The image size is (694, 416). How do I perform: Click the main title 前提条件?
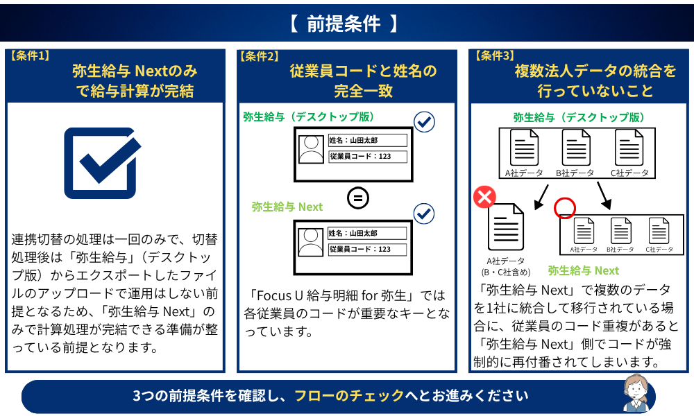344,24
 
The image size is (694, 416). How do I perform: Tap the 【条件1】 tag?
30,55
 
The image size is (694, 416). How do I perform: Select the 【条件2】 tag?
260,56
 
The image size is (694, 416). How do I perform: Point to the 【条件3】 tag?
494,55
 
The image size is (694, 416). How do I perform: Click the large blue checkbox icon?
102,163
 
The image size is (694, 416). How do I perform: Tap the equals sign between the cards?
357,198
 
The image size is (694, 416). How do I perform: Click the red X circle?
484,197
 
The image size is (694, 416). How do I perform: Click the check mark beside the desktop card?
424,122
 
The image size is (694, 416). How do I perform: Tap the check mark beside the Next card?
424,214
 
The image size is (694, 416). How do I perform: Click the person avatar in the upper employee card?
311,150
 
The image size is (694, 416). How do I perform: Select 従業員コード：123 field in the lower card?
367,250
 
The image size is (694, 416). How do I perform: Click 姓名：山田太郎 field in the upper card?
367,141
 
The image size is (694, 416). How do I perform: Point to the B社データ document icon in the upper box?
576,148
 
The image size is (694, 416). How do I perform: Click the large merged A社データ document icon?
505,227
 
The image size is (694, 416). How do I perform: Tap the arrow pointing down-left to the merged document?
541,197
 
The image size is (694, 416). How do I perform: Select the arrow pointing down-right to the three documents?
604,196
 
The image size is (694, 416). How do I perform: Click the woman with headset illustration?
636,393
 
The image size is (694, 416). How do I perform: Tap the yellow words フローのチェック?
349,395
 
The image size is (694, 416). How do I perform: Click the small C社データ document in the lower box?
659,231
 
